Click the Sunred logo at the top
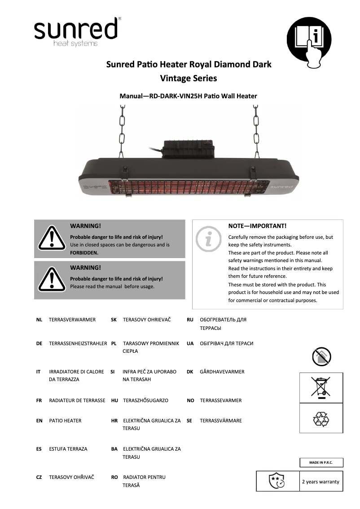coord(75,31)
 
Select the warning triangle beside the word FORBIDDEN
coord(52,238)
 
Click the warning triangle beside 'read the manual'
coord(52,279)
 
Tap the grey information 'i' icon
coord(209,239)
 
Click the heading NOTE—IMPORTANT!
coord(257,226)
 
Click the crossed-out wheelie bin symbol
coord(321,387)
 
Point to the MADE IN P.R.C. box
coord(321,463)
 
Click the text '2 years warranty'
coord(320,482)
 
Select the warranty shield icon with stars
coord(277,481)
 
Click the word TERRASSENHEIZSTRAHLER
coord(78,343)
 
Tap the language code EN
coord(40,421)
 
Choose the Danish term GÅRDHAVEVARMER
coord(222,372)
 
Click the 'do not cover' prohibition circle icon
coord(321,356)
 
